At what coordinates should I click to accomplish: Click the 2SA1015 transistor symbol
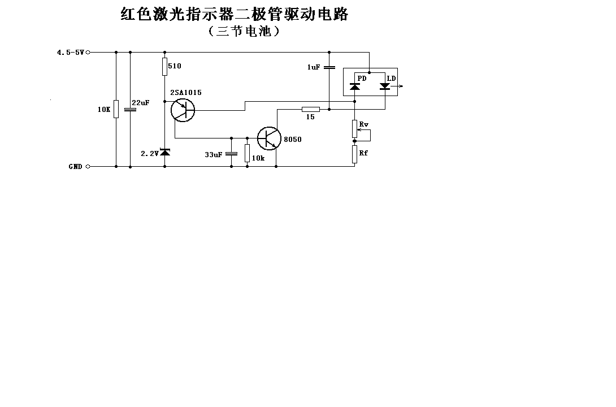click(183, 110)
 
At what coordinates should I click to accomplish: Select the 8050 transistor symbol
click(269, 138)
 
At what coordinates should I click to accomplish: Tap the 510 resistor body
click(164, 66)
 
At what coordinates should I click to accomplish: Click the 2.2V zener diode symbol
click(165, 152)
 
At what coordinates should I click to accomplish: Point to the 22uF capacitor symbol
click(130, 109)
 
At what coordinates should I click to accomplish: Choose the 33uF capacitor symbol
click(231, 154)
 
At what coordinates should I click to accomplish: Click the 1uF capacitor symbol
click(329, 67)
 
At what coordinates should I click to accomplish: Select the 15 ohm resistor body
click(311, 109)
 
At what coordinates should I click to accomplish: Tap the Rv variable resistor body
click(354, 129)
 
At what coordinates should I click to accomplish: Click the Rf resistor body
click(354, 154)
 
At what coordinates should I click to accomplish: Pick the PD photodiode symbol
click(355, 86)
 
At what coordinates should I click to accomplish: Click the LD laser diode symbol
click(385, 86)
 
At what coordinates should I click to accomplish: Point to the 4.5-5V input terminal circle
click(88, 52)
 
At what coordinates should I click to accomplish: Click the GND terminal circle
click(88, 167)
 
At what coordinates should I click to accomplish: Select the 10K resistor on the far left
click(116, 109)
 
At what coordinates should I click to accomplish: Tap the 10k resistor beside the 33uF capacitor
click(247, 153)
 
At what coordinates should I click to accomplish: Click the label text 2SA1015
click(186, 93)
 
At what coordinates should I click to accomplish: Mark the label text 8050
click(293, 140)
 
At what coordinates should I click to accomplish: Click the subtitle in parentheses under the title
click(244, 31)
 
